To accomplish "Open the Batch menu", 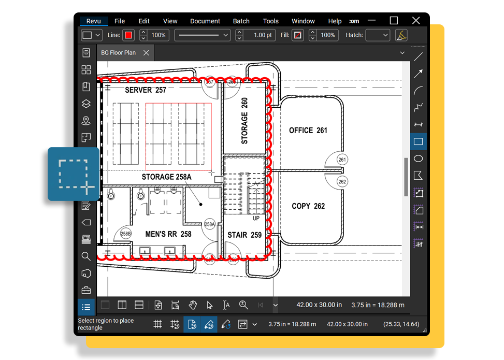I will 241,21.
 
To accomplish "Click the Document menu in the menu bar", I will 205,21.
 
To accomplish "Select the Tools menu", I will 270,21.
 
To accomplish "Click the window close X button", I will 416,21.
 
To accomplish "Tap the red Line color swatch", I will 128,35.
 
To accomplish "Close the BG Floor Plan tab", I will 146,53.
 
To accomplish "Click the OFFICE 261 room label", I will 308,131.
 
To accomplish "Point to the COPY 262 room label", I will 308,206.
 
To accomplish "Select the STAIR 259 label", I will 244,235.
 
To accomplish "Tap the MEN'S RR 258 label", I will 168,234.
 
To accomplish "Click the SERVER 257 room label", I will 146,90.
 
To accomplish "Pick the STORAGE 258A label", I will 166,177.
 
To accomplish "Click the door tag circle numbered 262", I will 342,182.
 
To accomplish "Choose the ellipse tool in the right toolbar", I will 419,159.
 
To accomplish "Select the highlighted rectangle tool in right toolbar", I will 419,141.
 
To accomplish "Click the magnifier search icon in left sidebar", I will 86,256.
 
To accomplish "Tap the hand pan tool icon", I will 193,305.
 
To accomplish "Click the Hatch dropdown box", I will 378,35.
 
